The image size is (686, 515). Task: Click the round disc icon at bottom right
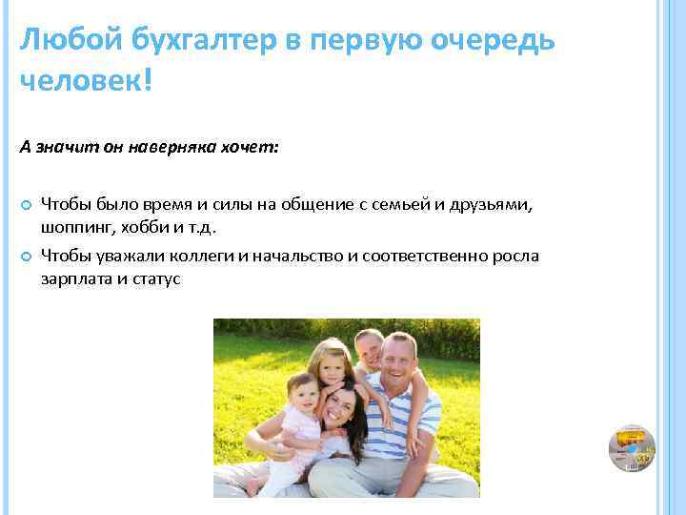pyautogui.click(x=632, y=448)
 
